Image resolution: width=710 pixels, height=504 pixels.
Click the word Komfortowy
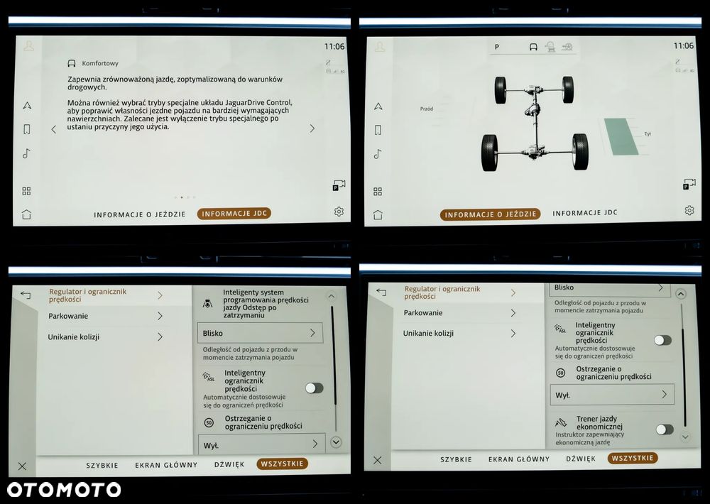pos(100,63)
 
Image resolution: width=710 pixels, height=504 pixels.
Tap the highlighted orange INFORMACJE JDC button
pos(234,213)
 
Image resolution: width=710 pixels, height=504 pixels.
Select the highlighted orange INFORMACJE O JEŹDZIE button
pos(491,214)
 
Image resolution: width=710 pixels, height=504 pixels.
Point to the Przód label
pos(427,109)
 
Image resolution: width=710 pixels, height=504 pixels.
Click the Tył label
pos(648,134)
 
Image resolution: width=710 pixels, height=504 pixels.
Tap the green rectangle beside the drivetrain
pos(621,137)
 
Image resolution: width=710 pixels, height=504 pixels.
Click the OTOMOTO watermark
pos(64,490)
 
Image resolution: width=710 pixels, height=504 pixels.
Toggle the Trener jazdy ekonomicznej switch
pos(665,429)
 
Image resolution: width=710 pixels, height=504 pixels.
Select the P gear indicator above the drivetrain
pos(497,47)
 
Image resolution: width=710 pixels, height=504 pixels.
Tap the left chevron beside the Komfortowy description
pos(54,129)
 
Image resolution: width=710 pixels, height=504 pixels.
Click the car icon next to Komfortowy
pos(72,63)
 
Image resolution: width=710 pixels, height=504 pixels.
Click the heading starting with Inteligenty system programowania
pos(266,303)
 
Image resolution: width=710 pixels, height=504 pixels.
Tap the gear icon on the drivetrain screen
pos(689,210)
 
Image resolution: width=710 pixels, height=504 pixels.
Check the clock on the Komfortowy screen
pos(334,46)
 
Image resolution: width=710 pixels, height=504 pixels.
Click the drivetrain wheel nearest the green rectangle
pos(580,152)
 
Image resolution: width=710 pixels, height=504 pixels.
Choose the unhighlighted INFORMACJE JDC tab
pos(585,213)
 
